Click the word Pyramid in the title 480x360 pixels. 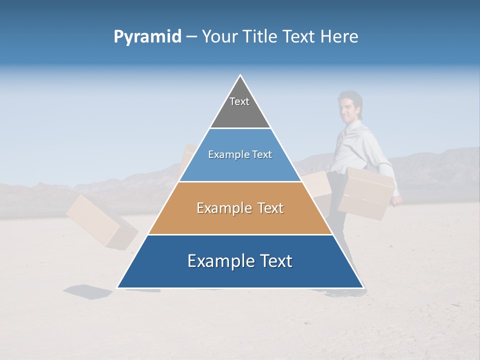click(x=147, y=37)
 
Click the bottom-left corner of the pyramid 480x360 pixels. click(x=118, y=287)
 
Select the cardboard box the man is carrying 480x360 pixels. click(x=366, y=192)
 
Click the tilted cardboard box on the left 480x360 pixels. click(x=101, y=221)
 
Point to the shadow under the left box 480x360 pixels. click(x=89, y=291)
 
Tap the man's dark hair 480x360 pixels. click(x=350, y=96)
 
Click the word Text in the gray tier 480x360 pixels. click(x=239, y=101)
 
